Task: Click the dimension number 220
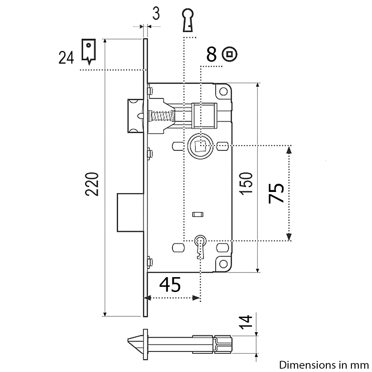tap(92, 184)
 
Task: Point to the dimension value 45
tap(170, 285)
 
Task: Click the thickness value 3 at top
tap(156, 14)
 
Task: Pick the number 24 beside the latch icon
tap(66, 58)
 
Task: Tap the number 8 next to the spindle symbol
tap(211, 54)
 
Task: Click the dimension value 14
tap(246, 322)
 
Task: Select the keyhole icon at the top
tap(188, 20)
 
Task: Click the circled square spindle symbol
tap(230, 54)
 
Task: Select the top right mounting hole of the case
tap(223, 92)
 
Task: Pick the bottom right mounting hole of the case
tap(223, 264)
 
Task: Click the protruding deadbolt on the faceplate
tap(130, 212)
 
